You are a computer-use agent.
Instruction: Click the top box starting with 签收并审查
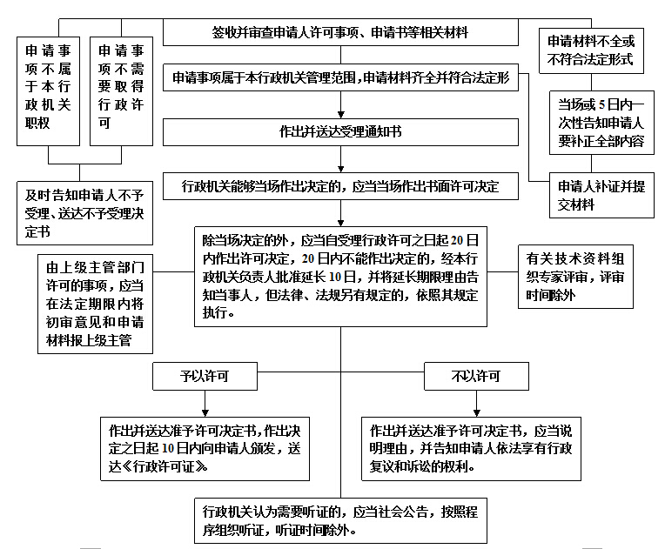pyautogui.click(x=340, y=33)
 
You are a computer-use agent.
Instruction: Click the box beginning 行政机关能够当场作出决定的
pyautogui.click(x=340, y=187)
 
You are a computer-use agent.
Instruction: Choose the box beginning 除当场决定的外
pyautogui.click(x=340, y=276)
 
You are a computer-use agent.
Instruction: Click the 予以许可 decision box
pyautogui.click(x=205, y=377)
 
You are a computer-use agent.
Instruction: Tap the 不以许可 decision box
pyautogui.click(x=475, y=377)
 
